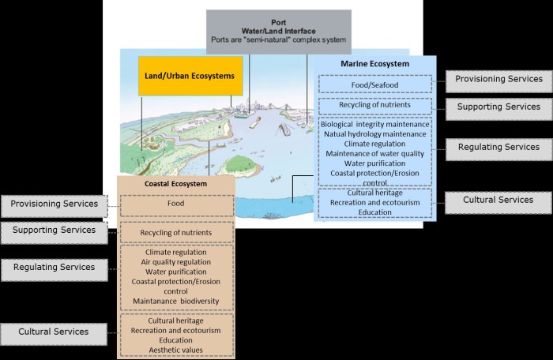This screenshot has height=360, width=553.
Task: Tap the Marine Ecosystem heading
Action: (x=376, y=65)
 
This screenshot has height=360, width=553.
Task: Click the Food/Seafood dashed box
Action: (x=376, y=85)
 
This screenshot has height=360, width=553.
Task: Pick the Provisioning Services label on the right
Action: (x=498, y=79)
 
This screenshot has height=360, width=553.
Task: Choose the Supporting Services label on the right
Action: (x=498, y=107)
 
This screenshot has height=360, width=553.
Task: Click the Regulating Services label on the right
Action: (x=498, y=147)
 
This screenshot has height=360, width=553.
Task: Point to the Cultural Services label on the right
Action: (x=498, y=201)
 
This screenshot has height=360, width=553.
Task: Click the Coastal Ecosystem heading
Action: (x=176, y=184)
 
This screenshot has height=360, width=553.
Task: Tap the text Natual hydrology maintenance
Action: (x=375, y=133)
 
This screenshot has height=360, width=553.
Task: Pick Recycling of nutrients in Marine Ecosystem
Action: (x=376, y=106)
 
